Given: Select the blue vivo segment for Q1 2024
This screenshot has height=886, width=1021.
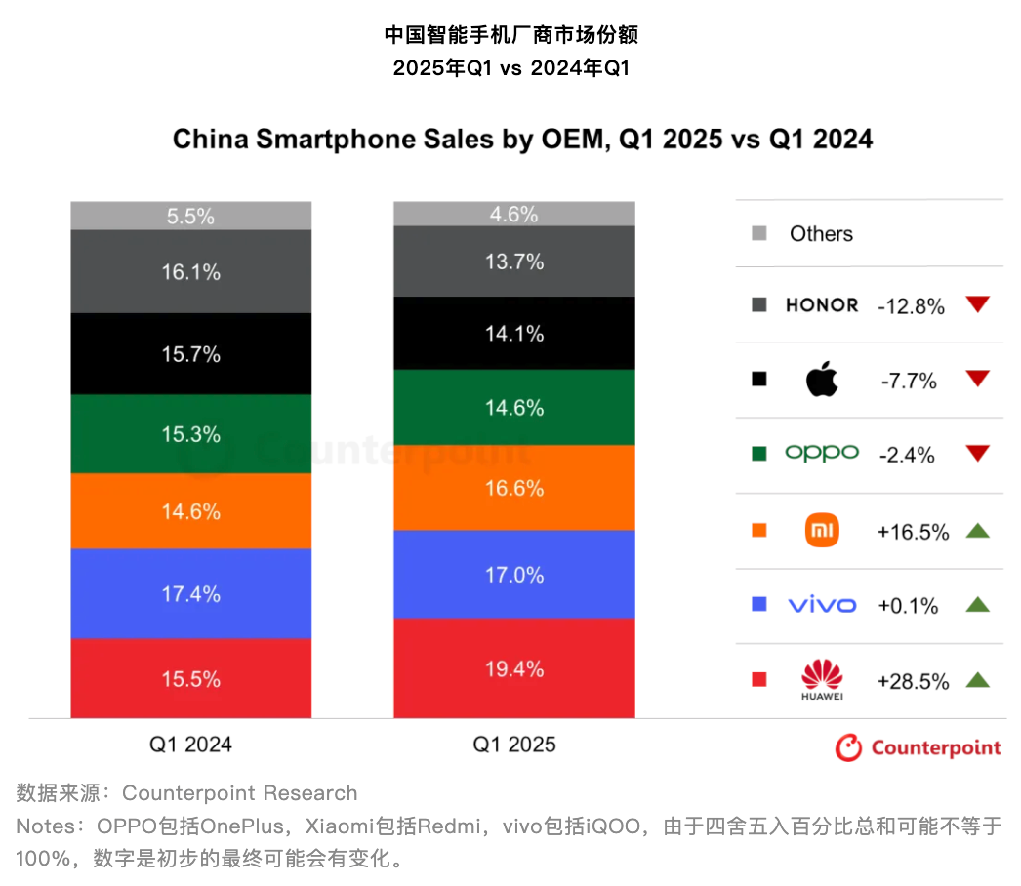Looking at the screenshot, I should (x=190, y=593).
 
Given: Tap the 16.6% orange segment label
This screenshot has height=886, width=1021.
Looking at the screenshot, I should (x=514, y=488).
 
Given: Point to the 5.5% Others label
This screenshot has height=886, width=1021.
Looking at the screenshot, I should (x=190, y=217).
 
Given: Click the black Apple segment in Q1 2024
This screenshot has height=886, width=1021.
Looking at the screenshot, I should (x=190, y=354).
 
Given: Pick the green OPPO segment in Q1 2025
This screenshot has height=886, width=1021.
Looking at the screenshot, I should (x=514, y=408).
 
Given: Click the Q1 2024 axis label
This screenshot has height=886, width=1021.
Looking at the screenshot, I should (x=190, y=745).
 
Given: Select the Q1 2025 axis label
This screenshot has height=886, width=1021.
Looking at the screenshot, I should (x=514, y=745).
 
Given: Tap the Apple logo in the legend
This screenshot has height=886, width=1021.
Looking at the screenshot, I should (x=822, y=380).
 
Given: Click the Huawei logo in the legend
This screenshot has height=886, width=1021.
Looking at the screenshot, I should (x=822, y=679).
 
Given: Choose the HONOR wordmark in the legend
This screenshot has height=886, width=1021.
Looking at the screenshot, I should (x=822, y=305).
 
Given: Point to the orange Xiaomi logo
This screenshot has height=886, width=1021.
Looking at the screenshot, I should (x=822, y=531).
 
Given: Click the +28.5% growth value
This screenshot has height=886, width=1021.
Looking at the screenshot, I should (x=913, y=681).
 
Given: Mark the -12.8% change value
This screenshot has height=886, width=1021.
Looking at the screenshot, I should (x=911, y=306).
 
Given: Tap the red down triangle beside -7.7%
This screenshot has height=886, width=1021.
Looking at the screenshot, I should (x=977, y=379).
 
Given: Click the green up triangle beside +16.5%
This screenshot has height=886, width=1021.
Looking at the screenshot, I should (x=977, y=531).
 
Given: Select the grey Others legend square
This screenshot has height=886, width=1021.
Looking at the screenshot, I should (x=759, y=233).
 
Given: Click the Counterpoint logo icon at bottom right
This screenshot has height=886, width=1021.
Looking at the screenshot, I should (x=848, y=747).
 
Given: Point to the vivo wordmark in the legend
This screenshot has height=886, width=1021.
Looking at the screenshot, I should (x=822, y=605).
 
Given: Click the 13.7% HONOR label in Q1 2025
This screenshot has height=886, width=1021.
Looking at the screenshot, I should (x=514, y=262).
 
